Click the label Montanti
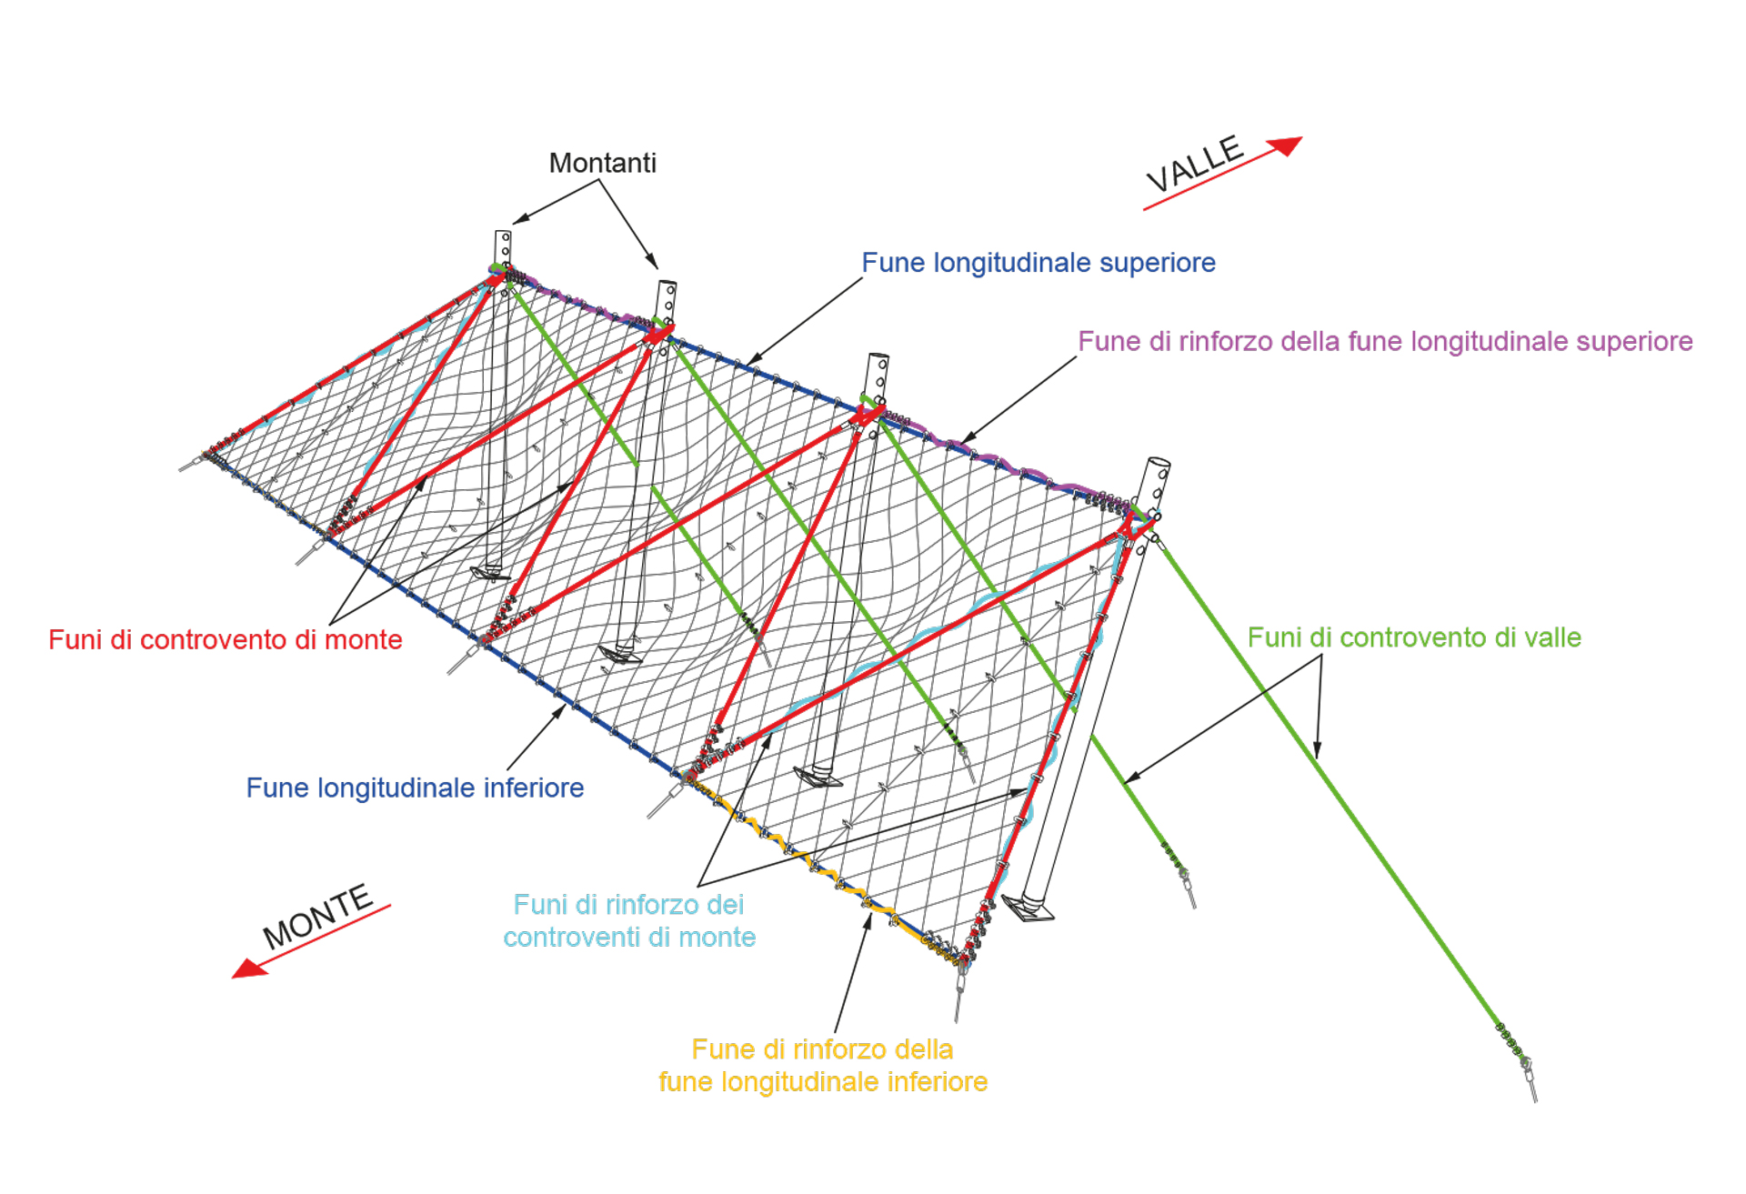click(x=602, y=163)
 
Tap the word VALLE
click(x=1194, y=164)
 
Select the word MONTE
click(x=317, y=916)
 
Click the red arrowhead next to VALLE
click(x=1286, y=145)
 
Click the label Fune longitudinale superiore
click(x=1038, y=263)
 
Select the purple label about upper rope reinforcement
click(x=1384, y=342)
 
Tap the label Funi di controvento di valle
click(x=1413, y=637)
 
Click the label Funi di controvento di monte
click(x=225, y=639)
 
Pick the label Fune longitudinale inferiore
click(x=415, y=788)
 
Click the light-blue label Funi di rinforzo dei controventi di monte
click(x=629, y=920)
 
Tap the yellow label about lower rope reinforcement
click(x=822, y=1065)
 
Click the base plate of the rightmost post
click(x=1029, y=908)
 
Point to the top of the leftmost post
click(x=503, y=235)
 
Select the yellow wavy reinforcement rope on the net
click(x=818, y=864)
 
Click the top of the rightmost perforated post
click(x=1158, y=464)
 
